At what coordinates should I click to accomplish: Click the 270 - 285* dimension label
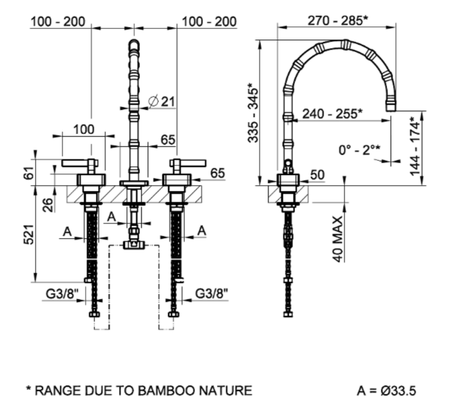337,21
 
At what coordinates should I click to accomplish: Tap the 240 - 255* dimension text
332,113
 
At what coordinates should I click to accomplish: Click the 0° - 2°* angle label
359,150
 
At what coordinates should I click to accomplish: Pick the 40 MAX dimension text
339,239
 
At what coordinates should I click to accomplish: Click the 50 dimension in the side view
317,175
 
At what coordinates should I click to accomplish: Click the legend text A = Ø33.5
386,390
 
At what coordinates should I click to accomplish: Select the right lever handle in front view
189,163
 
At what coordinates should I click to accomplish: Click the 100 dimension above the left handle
83,129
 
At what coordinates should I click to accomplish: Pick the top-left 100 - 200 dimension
58,22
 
